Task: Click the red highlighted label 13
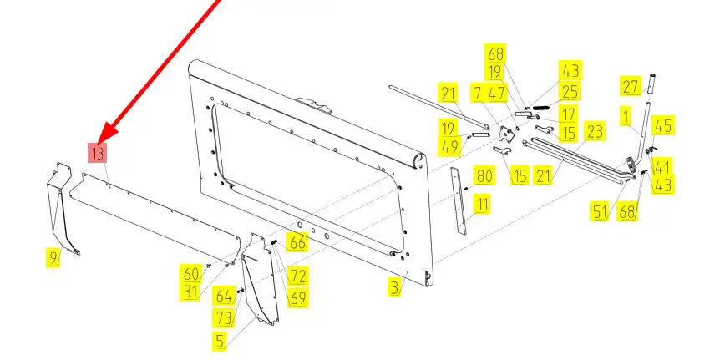coord(98,153)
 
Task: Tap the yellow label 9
coord(53,258)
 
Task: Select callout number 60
coord(191,274)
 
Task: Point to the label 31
coord(190,292)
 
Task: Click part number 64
coord(224,296)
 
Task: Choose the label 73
coord(224,317)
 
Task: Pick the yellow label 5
coord(221,341)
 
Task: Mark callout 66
coord(297,242)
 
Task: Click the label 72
coord(297,276)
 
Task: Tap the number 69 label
coord(297,298)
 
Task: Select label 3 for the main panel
coord(394,287)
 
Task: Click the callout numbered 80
coord(484,175)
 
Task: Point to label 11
coord(482,204)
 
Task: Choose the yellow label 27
coord(631,87)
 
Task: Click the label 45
coord(663,125)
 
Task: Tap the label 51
coord(601,211)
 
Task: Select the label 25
coord(570,92)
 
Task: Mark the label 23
coord(594,132)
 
